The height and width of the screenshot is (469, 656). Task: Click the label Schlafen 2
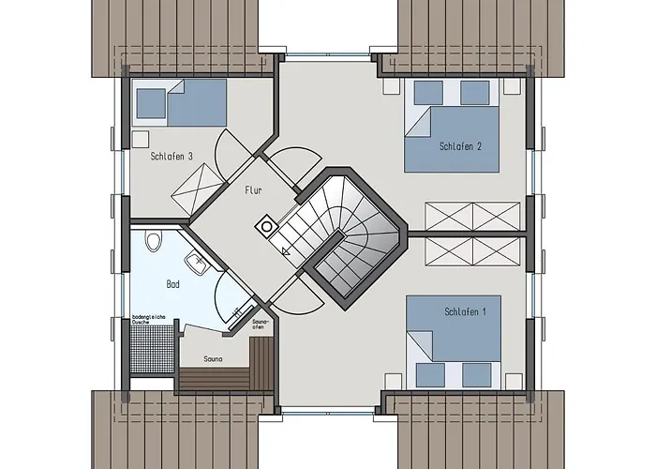[459, 146]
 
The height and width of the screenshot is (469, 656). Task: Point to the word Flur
[253, 189]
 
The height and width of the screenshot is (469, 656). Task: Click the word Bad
[173, 282]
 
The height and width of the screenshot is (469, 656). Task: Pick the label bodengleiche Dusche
[148, 320]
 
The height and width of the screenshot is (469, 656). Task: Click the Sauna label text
[214, 358]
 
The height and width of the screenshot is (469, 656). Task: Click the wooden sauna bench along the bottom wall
[225, 379]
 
